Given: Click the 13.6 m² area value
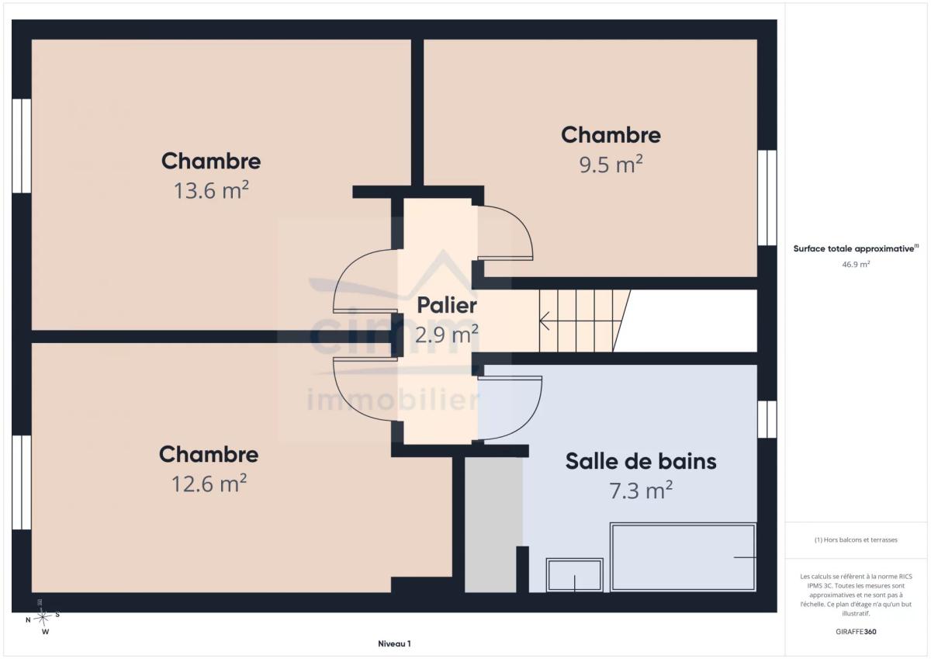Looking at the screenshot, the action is click(x=211, y=190).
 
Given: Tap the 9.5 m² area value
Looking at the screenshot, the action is click(x=611, y=164).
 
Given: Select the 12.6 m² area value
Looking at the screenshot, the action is click(x=209, y=484).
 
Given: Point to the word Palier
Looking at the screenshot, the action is click(x=447, y=306).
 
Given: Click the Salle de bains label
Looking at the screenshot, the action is click(x=641, y=462).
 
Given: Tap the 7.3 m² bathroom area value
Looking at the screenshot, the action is click(x=641, y=491).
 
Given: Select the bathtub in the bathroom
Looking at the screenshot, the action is click(x=683, y=557).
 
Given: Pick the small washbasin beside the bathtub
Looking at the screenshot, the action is click(x=574, y=575).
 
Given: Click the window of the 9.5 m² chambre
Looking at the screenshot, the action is click(x=767, y=197).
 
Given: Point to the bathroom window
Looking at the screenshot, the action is click(x=767, y=419).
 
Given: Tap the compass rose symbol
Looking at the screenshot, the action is click(x=43, y=618).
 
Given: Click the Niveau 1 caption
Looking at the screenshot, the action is click(x=394, y=643).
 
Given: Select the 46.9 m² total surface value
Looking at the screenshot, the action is click(x=856, y=264).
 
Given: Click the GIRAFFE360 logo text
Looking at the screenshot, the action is click(x=856, y=632).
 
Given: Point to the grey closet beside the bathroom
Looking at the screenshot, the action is click(x=493, y=525).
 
